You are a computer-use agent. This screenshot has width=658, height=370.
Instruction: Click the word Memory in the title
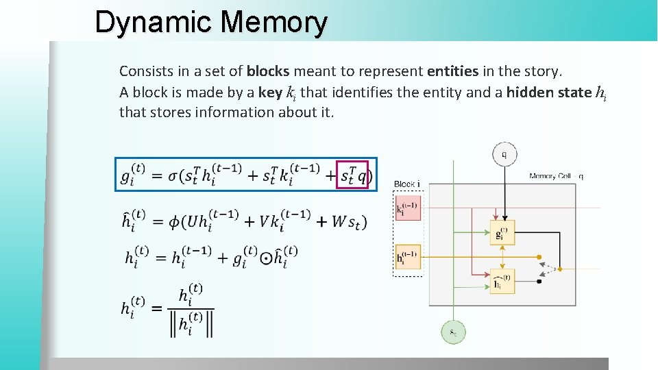click(274, 22)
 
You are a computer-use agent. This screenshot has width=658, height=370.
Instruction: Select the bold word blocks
click(267, 71)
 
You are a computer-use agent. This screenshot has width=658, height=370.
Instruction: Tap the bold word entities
click(452, 71)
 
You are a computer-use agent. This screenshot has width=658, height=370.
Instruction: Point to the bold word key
click(270, 92)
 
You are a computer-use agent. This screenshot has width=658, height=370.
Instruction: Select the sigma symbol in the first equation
click(175, 176)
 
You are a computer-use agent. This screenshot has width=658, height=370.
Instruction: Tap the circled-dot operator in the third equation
click(267, 258)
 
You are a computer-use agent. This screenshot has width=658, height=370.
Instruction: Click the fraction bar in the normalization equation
click(193, 308)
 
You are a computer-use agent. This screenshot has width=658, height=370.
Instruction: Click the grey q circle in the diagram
click(504, 154)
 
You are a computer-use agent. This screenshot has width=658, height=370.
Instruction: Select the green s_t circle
click(453, 332)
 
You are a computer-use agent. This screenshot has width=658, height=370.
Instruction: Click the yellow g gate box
click(502, 232)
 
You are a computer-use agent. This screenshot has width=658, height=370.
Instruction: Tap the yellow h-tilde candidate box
click(502, 281)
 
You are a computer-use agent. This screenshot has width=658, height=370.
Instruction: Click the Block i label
click(406, 184)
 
